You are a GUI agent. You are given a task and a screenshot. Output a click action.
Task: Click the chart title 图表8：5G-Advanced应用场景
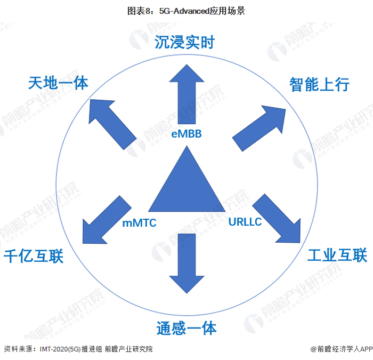[x=186, y=10]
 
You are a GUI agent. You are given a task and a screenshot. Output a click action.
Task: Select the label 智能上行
[x=319, y=84]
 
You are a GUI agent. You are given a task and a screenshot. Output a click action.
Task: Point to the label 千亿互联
[x=34, y=257]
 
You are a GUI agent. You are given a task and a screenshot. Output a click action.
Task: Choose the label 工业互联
[x=337, y=255]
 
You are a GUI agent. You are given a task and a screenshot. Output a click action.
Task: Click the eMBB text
[x=186, y=134]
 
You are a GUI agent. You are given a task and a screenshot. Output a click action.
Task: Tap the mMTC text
[x=140, y=223]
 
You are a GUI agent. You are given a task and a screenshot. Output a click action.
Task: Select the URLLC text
[x=245, y=221]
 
